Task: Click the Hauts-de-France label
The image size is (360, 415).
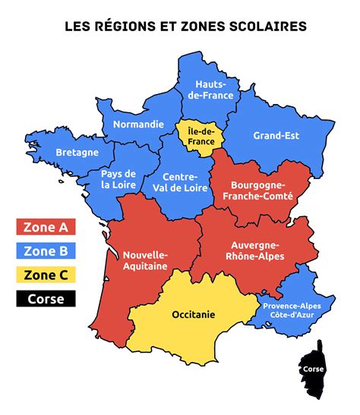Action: (214, 90)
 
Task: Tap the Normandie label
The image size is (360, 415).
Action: (137, 124)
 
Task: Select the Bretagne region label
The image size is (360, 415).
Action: (77, 152)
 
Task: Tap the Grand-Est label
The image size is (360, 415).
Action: (276, 136)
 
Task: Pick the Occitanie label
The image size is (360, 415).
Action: (194, 313)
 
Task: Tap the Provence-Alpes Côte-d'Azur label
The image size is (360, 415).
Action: (292, 310)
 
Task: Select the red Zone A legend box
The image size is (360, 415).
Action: (46, 227)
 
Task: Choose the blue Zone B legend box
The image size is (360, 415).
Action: (46, 251)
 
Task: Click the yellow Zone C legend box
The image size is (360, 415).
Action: (46, 275)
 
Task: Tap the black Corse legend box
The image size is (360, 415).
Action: (46, 298)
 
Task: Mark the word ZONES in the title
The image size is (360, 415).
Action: (205, 27)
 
